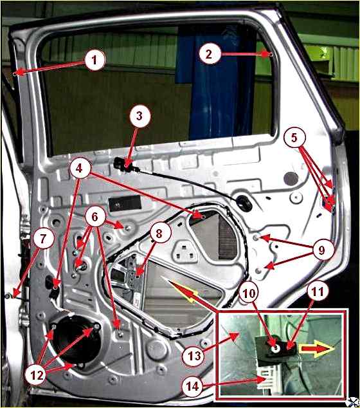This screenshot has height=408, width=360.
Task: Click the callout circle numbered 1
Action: pos(94,60)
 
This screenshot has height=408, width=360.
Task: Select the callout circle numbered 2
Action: pos(209,54)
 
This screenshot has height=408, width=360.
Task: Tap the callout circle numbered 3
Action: pos(139,116)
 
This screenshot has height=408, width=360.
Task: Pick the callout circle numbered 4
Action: pos(80,169)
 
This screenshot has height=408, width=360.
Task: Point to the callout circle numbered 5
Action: pos(294,138)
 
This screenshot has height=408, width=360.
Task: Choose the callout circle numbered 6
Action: pos(94,216)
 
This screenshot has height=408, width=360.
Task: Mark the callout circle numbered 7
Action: pos(43,239)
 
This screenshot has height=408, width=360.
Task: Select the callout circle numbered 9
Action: pos(321,250)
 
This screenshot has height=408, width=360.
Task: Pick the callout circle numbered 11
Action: pos(318,292)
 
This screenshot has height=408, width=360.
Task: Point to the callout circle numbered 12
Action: pos(36,375)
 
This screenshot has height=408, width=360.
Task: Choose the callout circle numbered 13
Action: pos(194,355)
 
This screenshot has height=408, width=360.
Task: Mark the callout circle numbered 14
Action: pos(193,387)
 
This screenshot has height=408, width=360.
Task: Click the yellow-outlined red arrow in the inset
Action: pos(316,349)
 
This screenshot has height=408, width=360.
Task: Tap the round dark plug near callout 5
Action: pos(291,179)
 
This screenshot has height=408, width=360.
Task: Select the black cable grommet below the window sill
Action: pos(244,201)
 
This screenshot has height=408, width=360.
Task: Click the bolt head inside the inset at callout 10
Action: pos(276,348)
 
